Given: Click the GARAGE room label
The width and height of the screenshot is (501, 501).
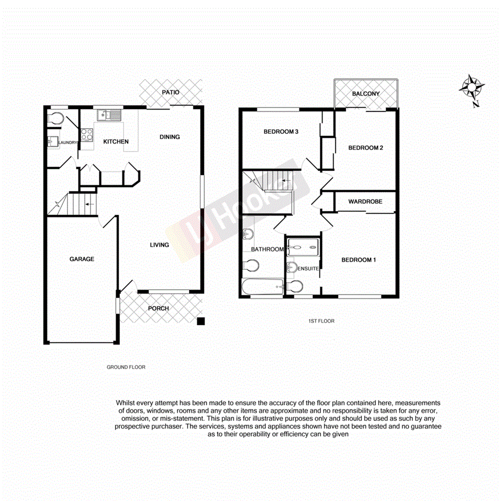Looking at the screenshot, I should tap(82, 259).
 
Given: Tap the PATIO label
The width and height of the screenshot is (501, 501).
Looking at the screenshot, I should tap(171, 92).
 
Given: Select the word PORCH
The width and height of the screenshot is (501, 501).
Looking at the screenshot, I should tap(159, 309).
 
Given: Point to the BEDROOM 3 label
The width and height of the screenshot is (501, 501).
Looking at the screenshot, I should tap(281, 132).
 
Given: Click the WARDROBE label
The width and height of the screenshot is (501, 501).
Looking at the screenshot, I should tap(365, 202).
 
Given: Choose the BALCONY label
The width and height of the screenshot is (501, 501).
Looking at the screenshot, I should tap(366, 94).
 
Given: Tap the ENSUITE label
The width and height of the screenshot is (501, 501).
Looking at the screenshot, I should tap(309, 268).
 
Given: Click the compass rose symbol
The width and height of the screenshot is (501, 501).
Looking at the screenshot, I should tap(472, 87).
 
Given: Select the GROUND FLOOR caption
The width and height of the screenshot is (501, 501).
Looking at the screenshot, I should tap(126, 368).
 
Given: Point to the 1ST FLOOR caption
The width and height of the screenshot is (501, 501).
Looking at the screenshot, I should tap(321, 321).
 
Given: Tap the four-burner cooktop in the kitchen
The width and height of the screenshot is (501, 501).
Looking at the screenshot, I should tap(87, 135).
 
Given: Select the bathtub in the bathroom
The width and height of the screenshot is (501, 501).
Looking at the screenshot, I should tap(262, 287).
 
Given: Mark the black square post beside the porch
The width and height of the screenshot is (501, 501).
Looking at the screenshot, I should tap(201, 321).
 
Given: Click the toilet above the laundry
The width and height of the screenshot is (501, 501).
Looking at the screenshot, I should tap(55, 118).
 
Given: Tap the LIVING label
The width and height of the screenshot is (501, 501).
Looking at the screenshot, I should tap(159, 245).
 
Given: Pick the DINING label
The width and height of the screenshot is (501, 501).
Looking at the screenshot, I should tap(170, 137).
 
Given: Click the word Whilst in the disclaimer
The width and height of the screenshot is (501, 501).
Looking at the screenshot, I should tap(126, 403).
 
